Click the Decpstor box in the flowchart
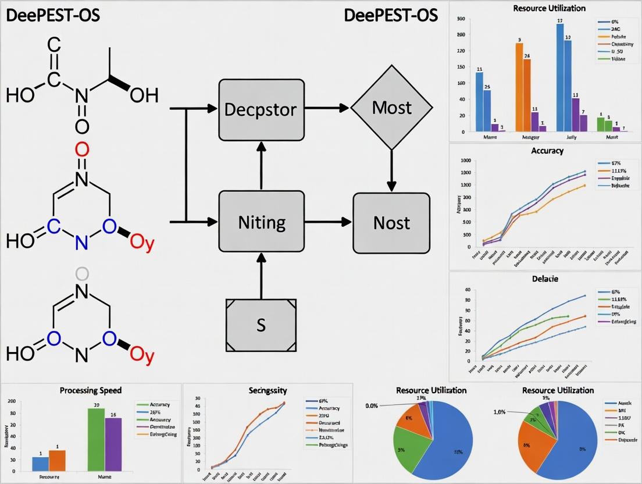261,109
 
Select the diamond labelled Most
391,108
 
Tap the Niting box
261,222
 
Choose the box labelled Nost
391,223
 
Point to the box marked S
261,325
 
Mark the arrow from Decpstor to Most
327,108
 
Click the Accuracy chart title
547,151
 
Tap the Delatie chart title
545,279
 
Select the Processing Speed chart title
91,391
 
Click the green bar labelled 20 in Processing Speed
96,439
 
